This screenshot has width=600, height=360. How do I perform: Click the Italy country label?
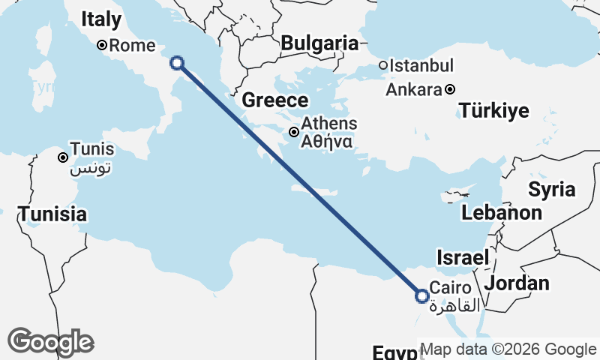[100, 20]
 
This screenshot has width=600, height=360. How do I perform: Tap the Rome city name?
[132, 46]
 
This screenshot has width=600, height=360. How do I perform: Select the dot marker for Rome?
[103, 45]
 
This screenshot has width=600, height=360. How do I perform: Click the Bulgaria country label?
[319, 43]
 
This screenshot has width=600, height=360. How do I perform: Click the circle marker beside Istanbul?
[383, 65]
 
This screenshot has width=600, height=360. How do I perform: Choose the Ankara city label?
[413, 90]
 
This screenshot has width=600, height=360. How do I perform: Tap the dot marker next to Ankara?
[449, 90]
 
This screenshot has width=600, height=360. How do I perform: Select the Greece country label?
[275, 100]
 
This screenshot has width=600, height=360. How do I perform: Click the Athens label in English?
[328, 124]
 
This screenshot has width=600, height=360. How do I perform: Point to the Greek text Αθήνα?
[323, 140]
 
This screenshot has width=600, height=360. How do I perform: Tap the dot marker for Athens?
[295, 133]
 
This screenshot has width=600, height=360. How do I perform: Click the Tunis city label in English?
[92, 148]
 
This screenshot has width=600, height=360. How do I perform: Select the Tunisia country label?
[52, 214]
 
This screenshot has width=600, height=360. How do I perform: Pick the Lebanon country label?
[501, 212]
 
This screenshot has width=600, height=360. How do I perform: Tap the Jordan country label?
[517, 283]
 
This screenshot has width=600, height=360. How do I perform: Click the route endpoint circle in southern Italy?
[177, 63]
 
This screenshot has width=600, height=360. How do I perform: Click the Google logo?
[50, 341]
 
